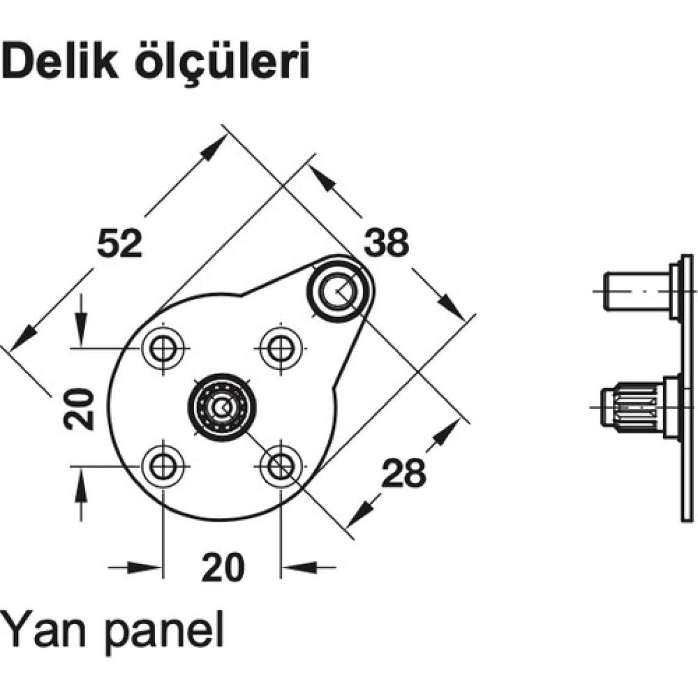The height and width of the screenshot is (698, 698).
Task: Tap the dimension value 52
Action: tap(119, 243)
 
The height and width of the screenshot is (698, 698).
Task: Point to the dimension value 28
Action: tap(403, 473)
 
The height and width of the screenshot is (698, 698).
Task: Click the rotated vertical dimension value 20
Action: tap(81, 408)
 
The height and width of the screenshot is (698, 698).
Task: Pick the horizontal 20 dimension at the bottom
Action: tap(222, 567)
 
